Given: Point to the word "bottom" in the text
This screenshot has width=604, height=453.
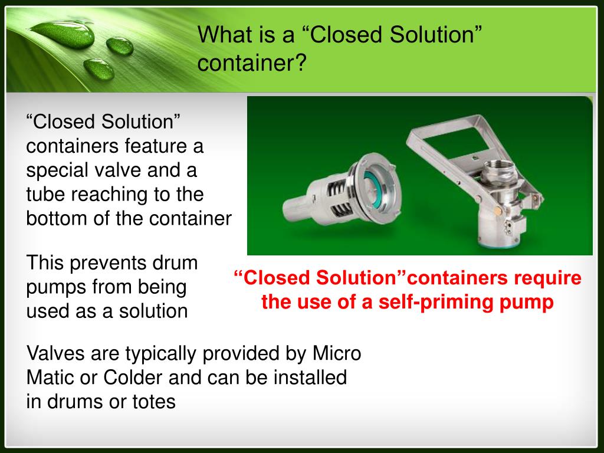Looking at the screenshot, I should [x=57, y=218].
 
